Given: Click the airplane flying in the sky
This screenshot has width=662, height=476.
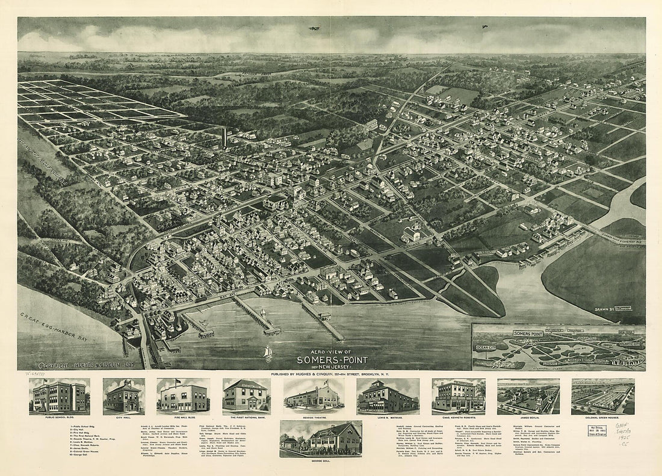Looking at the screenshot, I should click(x=313, y=28).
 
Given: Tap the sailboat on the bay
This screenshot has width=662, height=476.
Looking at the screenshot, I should click(x=268, y=351).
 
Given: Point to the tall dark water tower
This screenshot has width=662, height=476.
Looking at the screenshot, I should click(x=224, y=138).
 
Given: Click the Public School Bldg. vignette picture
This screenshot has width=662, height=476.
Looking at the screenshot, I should click(x=59, y=396).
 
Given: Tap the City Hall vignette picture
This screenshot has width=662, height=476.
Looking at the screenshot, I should click(x=123, y=396).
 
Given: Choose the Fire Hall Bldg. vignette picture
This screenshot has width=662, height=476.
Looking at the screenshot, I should click(x=183, y=396).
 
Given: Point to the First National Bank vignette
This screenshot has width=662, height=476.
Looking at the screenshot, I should click(x=246, y=396).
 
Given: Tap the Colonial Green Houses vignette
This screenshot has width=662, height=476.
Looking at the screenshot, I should click(x=603, y=396).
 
